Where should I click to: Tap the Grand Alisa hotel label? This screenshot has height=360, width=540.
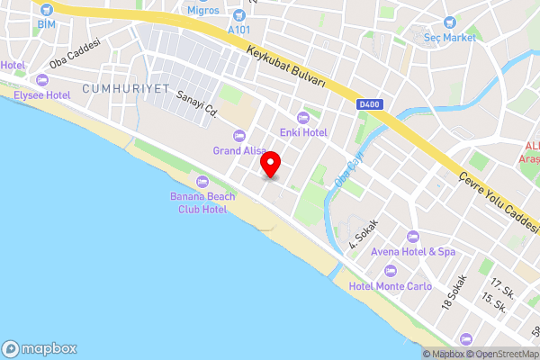tap(238, 150)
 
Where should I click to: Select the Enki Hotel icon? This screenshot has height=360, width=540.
tap(302, 117)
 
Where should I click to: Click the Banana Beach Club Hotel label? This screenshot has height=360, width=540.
tap(201, 202)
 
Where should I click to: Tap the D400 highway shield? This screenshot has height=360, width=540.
tap(368, 104)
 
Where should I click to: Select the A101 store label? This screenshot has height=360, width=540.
tap(238, 30)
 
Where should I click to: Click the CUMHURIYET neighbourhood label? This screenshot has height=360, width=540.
tap(112, 88)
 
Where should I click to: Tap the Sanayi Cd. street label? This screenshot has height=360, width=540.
tap(198, 107)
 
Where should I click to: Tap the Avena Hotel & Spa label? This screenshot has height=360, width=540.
tap(415, 252)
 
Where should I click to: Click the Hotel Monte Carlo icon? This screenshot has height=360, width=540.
tap(390, 271)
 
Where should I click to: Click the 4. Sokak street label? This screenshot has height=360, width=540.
tap(363, 234)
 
